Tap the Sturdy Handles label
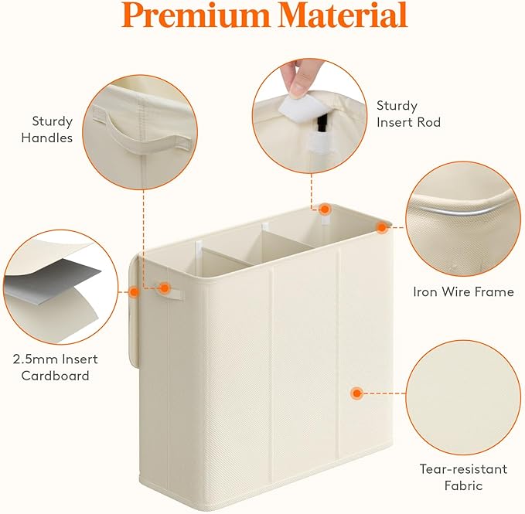pyautogui.click(x=53, y=129)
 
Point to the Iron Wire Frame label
pyautogui.click(x=463, y=292)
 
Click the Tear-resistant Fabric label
pyautogui.click(x=463, y=477)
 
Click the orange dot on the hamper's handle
pyautogui.click(x=165, y=288)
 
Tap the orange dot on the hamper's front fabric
pyautogui.click(x=356, y=393)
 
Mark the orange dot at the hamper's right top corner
pyautogui.click(x=381, y=227)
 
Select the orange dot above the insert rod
pyautogui.click(x=326, y=209)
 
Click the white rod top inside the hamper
pyautogui.click(x=199, y=249)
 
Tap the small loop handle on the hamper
pyautogui.click(x=172, y=288)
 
